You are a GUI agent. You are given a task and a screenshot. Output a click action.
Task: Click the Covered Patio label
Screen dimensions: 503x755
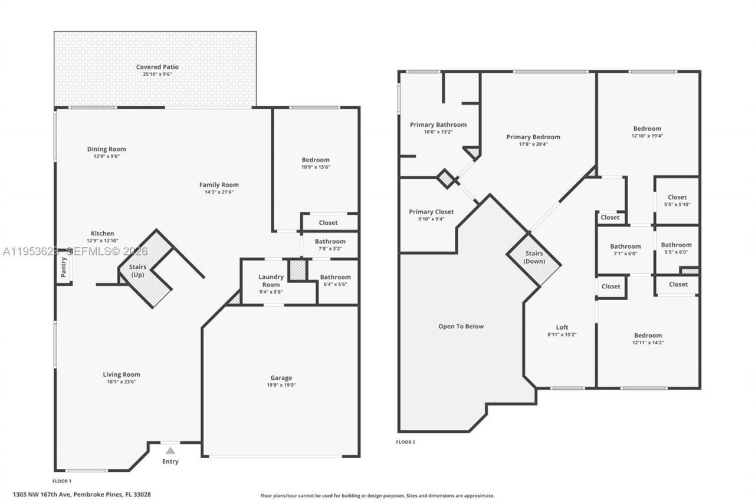pyautogui.click(x=157, y=67)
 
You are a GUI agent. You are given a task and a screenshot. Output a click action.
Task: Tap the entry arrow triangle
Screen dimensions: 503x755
pyautogui.click(x=170, y=451)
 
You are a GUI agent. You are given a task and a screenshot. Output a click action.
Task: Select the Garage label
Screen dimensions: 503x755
pyautogui.click(x=281, y=378)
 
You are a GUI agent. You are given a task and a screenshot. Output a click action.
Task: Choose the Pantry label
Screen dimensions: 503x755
pyautogui.click(x=63, y=267)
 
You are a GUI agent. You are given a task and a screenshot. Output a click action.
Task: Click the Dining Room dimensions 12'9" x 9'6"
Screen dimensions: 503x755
pyautogui.click(x=106, y=156)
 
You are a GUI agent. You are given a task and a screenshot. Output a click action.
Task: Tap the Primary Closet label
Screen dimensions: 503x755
pyautogui.click(x=431, y=212)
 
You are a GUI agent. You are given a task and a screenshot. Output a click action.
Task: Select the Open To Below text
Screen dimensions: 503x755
pyautogui.click(x=461, y=326)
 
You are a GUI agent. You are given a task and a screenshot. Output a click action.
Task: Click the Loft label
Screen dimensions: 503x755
pyautogui.click(x=562, y=327)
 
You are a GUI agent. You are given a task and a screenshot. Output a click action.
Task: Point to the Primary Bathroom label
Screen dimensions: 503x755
pyautogui.click(x=438, y=124)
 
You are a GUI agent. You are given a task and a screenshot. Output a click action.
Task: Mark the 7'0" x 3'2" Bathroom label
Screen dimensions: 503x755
pyautogui.click(x=330, y=241)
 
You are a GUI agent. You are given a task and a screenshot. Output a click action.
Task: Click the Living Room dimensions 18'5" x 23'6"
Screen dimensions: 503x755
pyautogui.click(x=122, y=382)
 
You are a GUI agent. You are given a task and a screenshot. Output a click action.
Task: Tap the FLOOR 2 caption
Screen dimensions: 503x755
pyautogui.click(x=405, y=442)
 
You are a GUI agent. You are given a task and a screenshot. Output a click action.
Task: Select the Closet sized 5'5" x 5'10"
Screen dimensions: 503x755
pyautogui.click(x=677, y=198)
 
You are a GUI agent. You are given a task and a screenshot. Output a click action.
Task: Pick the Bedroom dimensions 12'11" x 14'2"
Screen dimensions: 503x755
pyautogui.click(x=647, y=343)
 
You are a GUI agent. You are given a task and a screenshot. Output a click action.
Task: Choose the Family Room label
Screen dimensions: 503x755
pyautogui.click(x=219, y=185)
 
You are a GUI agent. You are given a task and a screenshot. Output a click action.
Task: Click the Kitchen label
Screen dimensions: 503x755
pyautogui.click(x=102, y=234)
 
